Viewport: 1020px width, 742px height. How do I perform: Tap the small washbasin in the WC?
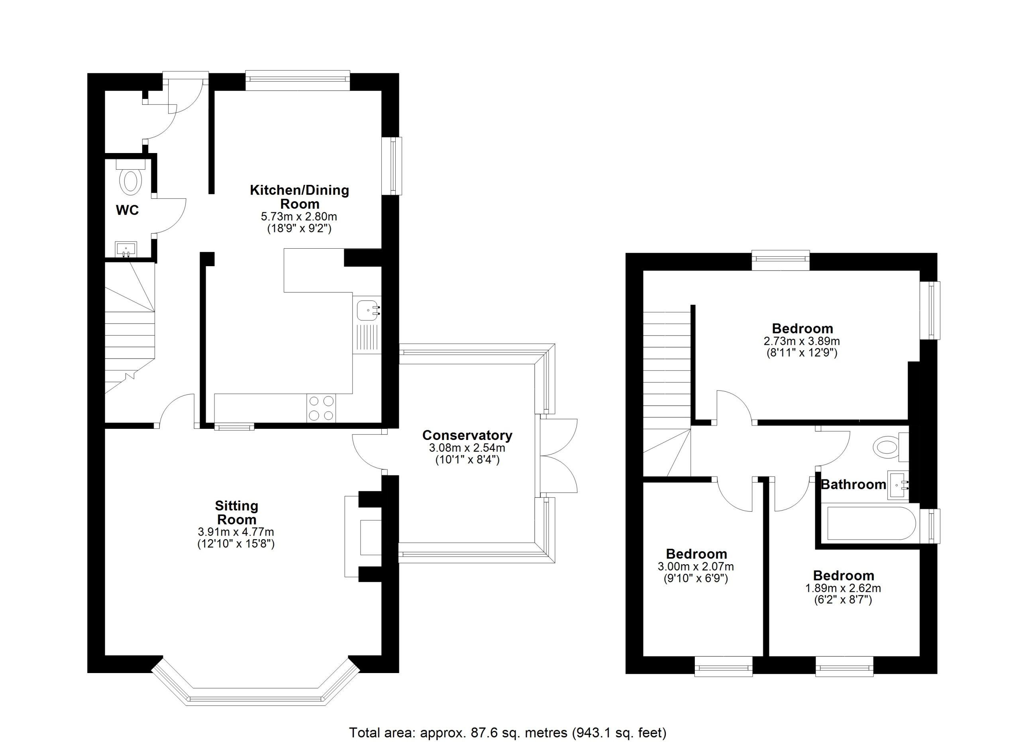tap(126, 249)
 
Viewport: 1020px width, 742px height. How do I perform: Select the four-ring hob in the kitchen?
tap(321, 408)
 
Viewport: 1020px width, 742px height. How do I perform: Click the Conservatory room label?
tap(467, 435)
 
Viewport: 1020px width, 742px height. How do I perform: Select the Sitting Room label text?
tap(237, 512)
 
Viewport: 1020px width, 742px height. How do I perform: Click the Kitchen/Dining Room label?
tap(300, 196)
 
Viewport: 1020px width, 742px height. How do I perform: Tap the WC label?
tap(127, 210)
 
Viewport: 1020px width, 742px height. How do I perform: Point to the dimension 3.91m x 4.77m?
tap(236, 532)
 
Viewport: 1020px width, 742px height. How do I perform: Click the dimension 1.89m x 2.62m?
tap(843, 588)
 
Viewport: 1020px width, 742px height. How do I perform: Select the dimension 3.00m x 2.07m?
tap(696, 567)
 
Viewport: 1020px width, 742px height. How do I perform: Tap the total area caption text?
tap(508, 732)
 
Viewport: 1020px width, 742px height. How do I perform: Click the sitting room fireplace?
tap(363, 536)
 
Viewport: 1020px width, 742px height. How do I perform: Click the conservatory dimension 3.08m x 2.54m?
tap(467, 448)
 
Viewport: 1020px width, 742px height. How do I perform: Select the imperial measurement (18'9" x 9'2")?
tap(299, 228)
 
